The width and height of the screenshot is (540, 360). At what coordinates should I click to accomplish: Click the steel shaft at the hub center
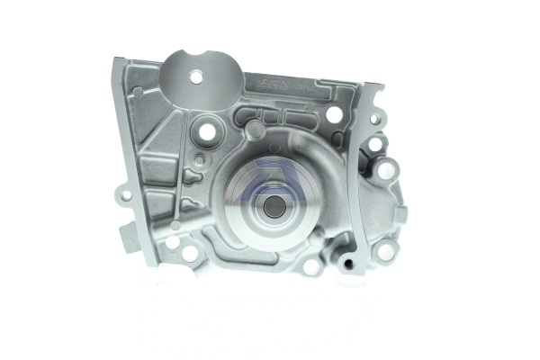point(275,205)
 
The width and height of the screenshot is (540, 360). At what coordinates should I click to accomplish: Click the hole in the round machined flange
point(196,77)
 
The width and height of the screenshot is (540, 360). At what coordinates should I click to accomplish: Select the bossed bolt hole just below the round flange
point(207,131)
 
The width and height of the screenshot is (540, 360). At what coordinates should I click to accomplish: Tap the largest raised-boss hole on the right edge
point(386,169)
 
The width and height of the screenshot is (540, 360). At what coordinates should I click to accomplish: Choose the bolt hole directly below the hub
point(310,265)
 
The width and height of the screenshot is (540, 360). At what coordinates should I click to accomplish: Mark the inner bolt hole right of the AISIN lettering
point(334,114)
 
